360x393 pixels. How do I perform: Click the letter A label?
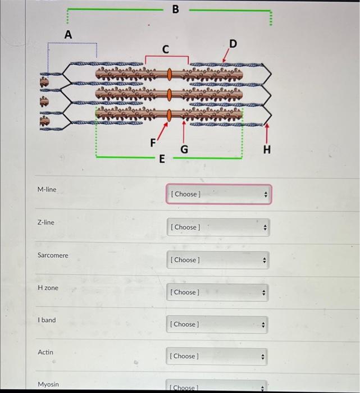click(x=68, y=34)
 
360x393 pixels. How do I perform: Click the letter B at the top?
click(x=175, y=9)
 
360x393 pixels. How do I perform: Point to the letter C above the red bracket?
click(x=165, y=49)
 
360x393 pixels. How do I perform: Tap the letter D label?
click(x=233, y=44)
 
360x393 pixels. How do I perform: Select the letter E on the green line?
click(x=162, y=159)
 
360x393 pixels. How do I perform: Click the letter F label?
click(x=153, y=143)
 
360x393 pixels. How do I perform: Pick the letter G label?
click(x=184, y=149)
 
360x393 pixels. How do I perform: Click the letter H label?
click(x=266, y=149)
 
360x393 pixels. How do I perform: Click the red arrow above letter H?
click(x=266, y=132)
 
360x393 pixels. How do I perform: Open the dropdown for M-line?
click(x=218, y=194)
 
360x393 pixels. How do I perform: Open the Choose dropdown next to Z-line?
click(x=218, y=227)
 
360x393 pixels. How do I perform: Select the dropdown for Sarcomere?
click(x=218, y=260)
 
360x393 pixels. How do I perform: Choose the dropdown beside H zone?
click(x=218, y=292)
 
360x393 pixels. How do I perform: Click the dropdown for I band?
click(x=218, y=325)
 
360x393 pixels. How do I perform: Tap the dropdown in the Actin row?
click(x=218, y=356)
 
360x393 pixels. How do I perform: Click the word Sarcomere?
click(x=53, y=255)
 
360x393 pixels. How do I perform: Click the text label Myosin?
click(x=48, y=385)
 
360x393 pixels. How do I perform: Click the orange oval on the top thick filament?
click(x=168, y=74)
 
